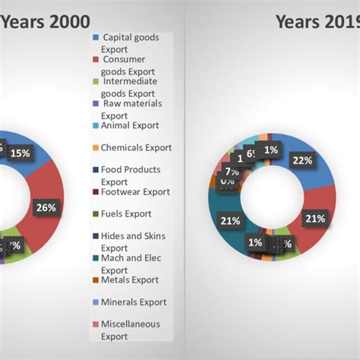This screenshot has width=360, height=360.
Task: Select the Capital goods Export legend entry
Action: (130, 43)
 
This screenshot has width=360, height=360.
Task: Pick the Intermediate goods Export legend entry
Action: (130, 87)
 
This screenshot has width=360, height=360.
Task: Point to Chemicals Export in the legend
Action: (136, 148)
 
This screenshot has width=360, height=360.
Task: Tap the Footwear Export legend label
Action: (135, 192)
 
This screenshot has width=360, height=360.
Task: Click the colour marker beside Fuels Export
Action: (94, 214)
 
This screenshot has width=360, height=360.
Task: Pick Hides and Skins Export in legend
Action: (132, 242)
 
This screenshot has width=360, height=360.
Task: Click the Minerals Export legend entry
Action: (134, 302)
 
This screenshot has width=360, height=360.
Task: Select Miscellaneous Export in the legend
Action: (131, 330)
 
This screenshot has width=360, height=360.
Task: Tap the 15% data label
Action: (21, 153)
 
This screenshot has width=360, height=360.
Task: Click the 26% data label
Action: (46, 206)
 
